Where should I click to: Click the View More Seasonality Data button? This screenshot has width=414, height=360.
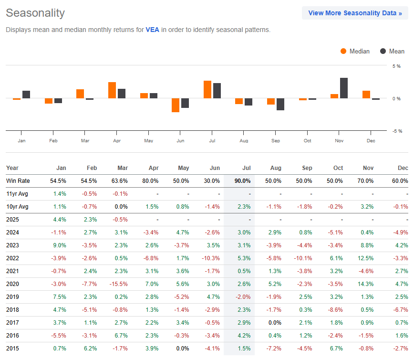355,13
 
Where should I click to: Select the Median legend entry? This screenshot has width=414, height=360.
355,52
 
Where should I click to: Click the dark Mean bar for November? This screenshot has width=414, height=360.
344,88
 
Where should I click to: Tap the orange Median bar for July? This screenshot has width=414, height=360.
207,90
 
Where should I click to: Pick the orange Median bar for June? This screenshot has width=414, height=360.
176,105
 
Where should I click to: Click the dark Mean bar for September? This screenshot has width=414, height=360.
280,104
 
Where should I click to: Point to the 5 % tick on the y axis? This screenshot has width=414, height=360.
396,66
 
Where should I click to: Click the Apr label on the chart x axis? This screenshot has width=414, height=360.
117,141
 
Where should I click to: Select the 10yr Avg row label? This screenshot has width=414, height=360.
17,207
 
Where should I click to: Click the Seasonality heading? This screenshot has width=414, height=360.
35,13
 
